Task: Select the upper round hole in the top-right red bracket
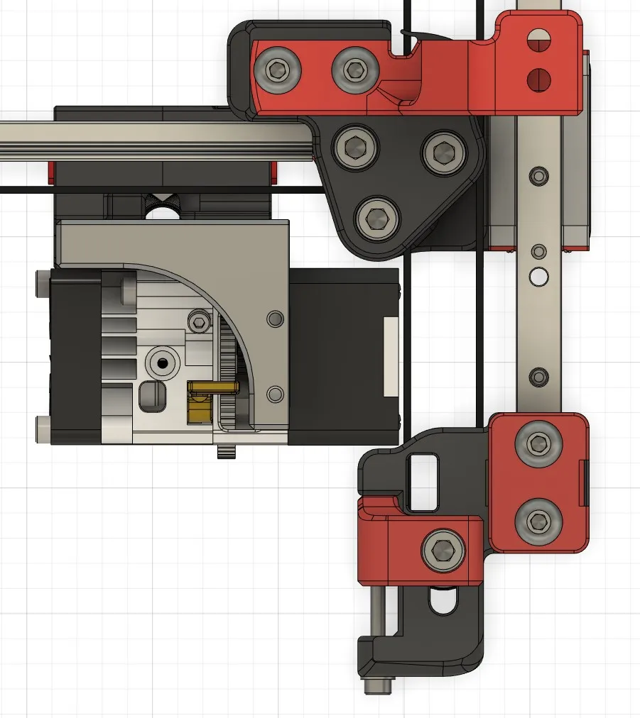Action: pyautogui.click(x=538, y=39)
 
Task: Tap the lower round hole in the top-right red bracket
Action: pyautogui.click(x=538, y=78)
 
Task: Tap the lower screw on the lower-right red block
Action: pyautogui.click(x=538, y=522)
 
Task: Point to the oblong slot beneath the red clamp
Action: pyautogui.click(x=443, y=602)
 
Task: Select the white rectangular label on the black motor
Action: pyautogui.click(x=391, y=356)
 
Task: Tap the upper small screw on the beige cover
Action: pyautogui.click(x=274, y=319)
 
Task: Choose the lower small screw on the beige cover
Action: pyautogui.click(x=274, y=393)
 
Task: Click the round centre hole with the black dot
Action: pyautogui.click(x=163, y=363)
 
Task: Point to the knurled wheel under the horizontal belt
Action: pyautogui.click(x=163, y=206)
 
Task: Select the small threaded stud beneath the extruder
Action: pyautogui.click(x=226, y=452)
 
